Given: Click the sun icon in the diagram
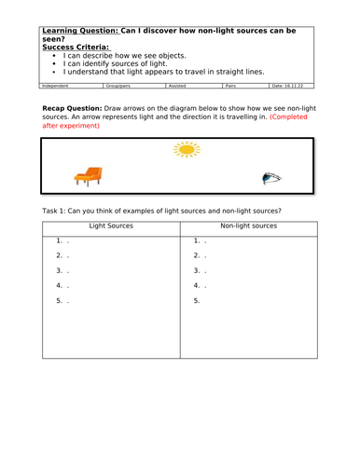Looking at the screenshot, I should pos(187,149).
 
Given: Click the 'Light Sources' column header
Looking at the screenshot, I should pos(110,226).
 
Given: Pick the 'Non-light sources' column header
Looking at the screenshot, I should pos(247,226).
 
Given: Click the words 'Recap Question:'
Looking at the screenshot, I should pos(80,108).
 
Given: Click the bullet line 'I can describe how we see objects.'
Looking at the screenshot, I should pos(127,55).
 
